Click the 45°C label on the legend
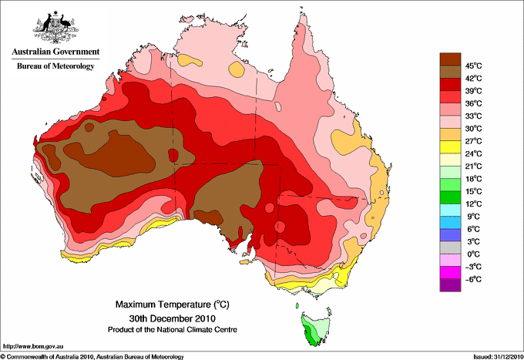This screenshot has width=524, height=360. [474, 66]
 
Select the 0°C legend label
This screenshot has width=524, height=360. [474, 254]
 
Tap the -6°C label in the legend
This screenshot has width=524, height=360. [473, 279]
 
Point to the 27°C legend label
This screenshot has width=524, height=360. [474, 141]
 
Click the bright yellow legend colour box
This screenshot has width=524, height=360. [450, 147]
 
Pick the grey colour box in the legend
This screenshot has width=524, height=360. [450, 247]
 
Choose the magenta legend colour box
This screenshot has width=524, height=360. [450, 273]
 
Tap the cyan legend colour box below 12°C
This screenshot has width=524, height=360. [450, 210]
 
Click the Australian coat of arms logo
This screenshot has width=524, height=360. [55, 27]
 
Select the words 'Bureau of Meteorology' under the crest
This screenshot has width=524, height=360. [55, 66]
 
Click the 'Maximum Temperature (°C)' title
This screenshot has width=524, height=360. [173, 304]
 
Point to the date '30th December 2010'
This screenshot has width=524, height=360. [173, 318]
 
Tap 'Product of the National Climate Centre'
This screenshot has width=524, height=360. [173, 330]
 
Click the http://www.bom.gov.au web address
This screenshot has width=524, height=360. [32, 346]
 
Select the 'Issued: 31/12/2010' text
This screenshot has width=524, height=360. [498, 357]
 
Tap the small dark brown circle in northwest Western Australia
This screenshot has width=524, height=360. [89, 127]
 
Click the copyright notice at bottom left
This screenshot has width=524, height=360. [92, 357]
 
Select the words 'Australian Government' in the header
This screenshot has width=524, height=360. [55, 52]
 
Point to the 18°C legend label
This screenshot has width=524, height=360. [474, 179]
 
